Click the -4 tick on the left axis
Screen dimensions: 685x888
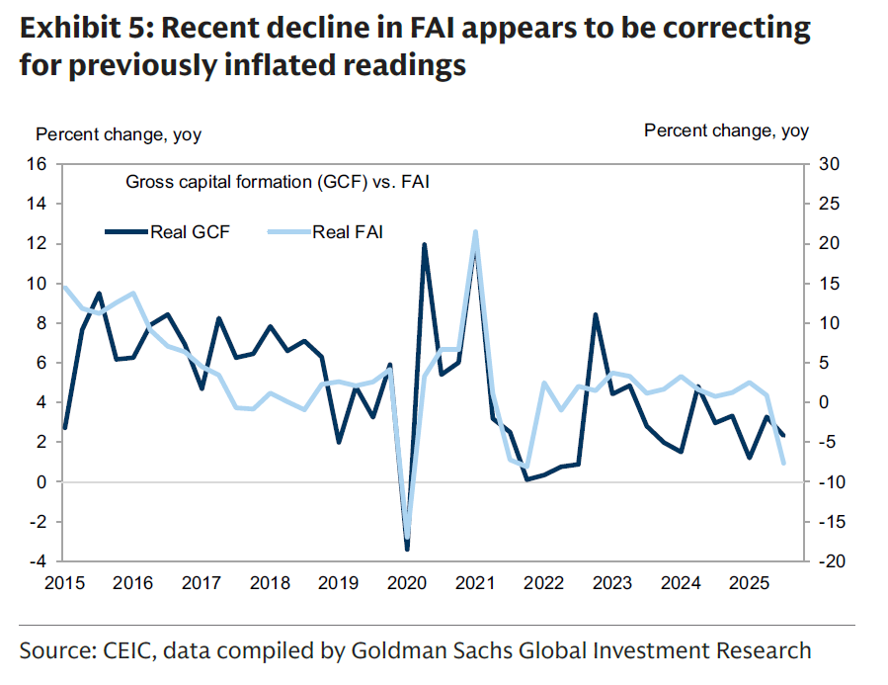(41, 561)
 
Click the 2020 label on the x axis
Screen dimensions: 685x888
(406, 584)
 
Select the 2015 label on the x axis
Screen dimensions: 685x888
(65, 584)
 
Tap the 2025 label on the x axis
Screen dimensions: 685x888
(748, 584)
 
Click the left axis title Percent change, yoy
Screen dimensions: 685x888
(119, 135)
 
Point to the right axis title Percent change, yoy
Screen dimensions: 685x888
(726, 130)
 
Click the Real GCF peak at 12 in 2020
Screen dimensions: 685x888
(424, 244)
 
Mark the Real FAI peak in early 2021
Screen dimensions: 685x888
(475, 231)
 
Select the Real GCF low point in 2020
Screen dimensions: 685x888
(407, 549)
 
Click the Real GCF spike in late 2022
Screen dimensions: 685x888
(595, 314)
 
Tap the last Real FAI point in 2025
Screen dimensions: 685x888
(783, 463)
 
